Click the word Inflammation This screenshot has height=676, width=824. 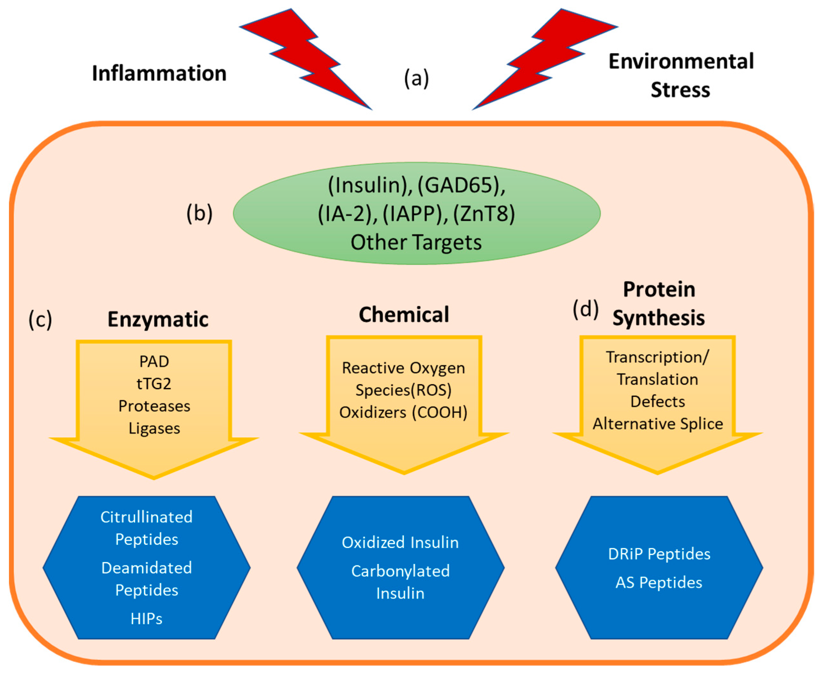(x=159, y=73)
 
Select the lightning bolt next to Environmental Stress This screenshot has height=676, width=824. (x=545, y=59)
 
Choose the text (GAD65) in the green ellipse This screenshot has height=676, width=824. (x=461, y=185)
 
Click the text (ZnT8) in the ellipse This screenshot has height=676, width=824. (x=484, y=213)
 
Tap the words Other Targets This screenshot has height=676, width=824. (x=416, y=242)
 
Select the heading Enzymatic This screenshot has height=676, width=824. (x=158, y=319)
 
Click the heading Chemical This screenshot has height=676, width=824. (x=404, y=314)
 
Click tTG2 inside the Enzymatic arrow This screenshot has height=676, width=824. (x=154, y=384)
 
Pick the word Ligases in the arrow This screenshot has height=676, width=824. (x=154, y=428)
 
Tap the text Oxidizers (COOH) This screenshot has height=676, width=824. (x=404, y=412)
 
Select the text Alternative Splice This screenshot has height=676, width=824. (x=658, y=423)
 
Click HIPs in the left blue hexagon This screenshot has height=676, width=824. (x=147, y=618)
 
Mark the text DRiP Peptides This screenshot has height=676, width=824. (x=659, y=553)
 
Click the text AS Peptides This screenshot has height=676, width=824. (x=659, y=582)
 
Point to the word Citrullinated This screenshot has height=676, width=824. (x=147, y=517)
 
